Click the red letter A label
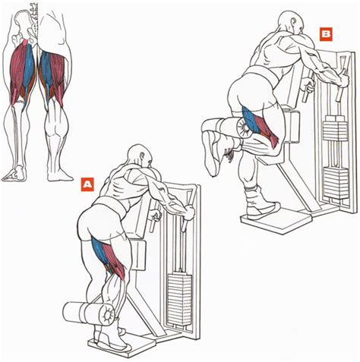87,184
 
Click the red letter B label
326,35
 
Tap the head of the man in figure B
291,22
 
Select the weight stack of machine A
179,299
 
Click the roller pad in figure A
89,313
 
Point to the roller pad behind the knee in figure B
244,128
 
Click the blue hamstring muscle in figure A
100,251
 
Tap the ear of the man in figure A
142,156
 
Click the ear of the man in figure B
294,22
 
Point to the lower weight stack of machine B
336,183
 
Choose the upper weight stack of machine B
335,128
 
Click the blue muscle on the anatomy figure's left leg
28,68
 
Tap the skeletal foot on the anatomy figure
14,173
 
